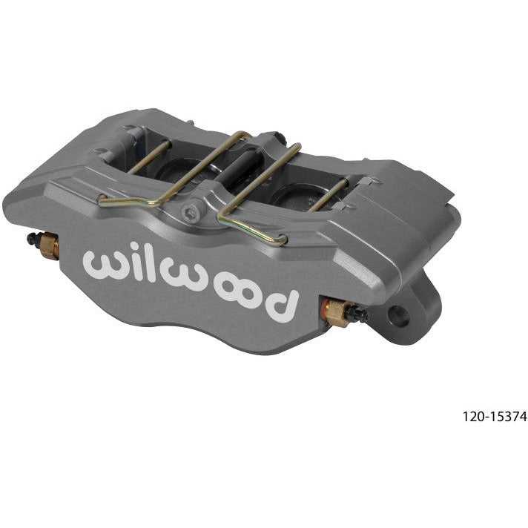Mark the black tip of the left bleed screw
click(32, 240)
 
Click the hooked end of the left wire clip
click(102, 199)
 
